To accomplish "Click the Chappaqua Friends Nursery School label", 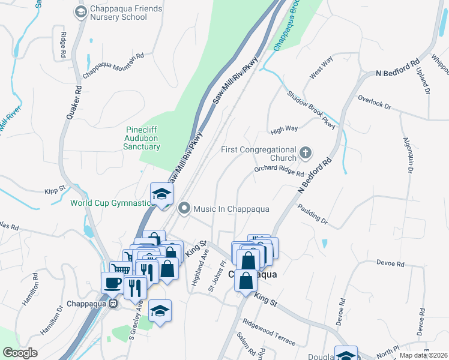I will click(x=118, y=13).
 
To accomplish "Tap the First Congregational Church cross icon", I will click(x=306, y=153).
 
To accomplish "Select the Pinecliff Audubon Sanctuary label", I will click(x=143, y=138).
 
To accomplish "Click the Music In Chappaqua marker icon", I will click(x=184, y=208).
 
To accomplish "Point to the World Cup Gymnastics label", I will click(x=112, y=203).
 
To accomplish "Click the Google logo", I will click(x=20, y=353).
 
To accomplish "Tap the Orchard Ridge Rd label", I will click(x=279, y=172).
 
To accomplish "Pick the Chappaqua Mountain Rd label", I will click(x=113, y=65).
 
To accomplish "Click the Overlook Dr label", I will click(x=374, y=101).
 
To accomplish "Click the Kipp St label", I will click(x=55, y=190).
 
